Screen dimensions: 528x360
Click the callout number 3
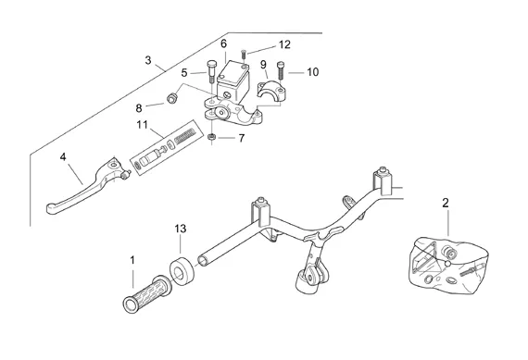point(148,60)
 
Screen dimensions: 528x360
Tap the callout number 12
point(284,44)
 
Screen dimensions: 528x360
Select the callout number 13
point(181,229)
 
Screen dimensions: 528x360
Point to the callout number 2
point(446,203)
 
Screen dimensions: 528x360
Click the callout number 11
point(142,125)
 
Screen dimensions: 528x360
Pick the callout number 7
point(242,138)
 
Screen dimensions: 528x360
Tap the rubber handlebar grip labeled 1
point(147,294)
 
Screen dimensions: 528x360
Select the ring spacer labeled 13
point(182,271)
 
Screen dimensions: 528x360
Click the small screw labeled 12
point(244,55)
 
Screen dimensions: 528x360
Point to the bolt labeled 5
point(211,71)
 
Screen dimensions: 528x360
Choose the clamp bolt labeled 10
point(281,70)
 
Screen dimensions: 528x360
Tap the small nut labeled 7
point(211,137)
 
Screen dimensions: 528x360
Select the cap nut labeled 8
point(172,98)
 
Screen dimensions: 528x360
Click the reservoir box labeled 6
point(233,80)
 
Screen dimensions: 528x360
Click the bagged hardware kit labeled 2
point(447,265)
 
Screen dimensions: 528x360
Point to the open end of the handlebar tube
point(203,261)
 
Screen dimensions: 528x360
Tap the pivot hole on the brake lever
point(115,166)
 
